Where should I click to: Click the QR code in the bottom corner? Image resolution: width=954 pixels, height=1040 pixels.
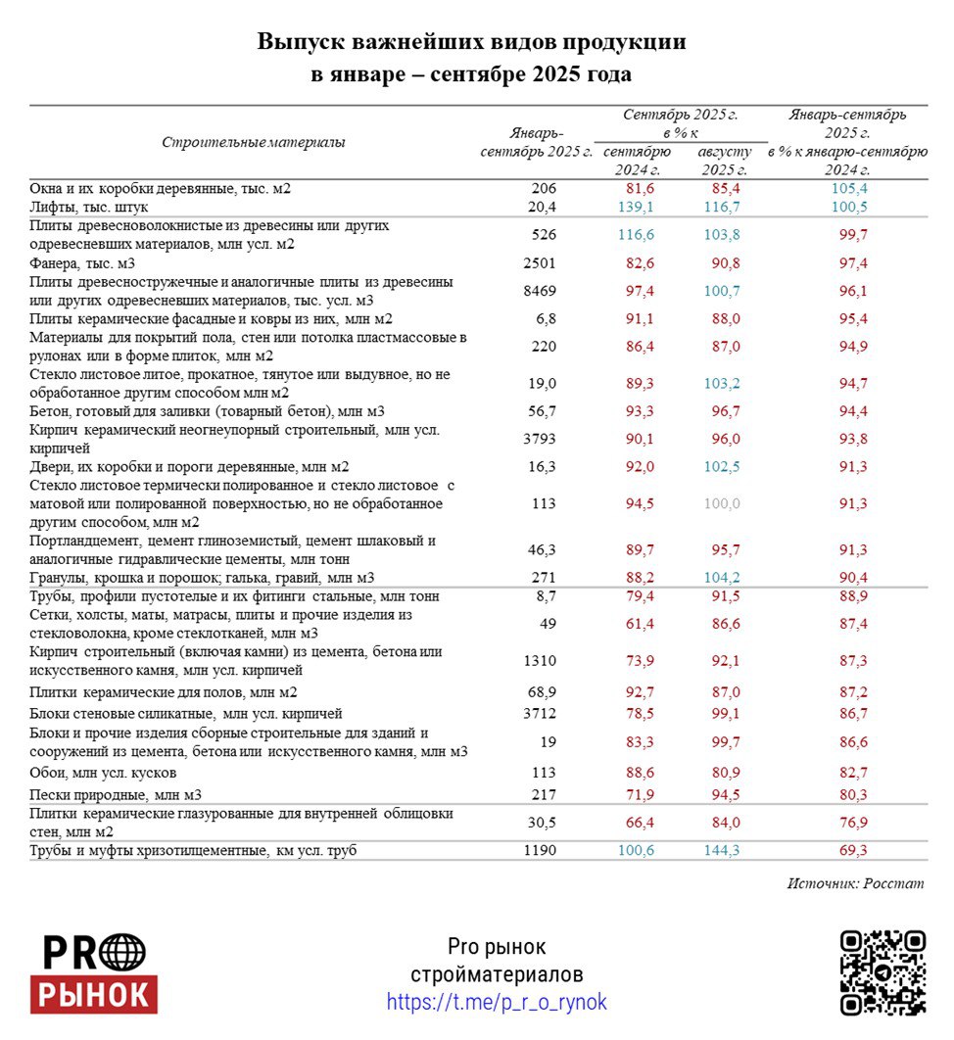click(882, 972)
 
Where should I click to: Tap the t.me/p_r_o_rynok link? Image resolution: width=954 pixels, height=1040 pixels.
click(497, 1002)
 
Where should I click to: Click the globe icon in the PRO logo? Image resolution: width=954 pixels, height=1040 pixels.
click(123, 952)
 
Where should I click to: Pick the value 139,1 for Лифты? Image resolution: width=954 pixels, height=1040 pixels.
click(637, 207)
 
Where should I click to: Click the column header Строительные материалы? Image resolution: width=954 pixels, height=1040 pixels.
click(253, 142)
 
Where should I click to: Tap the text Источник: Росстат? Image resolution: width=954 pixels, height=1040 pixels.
click(855, 883)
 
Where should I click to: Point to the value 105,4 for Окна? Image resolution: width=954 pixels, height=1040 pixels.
click(849, 188)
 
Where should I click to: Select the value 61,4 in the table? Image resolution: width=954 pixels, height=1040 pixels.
click(637, 623)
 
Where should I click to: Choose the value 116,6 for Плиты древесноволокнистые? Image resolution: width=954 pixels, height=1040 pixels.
click(637, 235)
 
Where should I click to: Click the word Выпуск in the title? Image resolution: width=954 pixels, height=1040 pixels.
click(297, 42)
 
